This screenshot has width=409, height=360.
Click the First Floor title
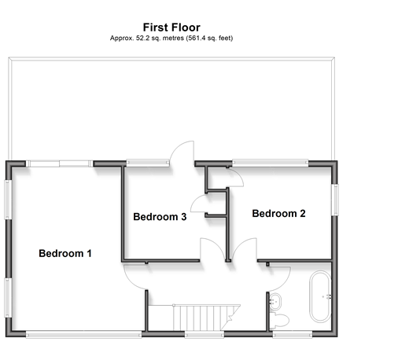point(171,28)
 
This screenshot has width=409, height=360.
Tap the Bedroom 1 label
point(65,253)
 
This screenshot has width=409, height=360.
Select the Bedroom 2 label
point(278,213)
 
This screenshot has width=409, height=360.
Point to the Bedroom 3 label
point(160,217)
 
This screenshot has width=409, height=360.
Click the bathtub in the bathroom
point(320,296)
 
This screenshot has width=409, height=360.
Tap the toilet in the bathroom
point(279,320)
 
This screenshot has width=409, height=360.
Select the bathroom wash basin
point(275,302)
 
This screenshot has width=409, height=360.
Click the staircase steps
point(199,318)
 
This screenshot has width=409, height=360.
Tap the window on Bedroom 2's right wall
point(335,200)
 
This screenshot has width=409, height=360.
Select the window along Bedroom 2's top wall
point(270,163)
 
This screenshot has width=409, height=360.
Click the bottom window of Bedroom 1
point(83,334)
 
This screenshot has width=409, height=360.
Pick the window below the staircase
point(204,334)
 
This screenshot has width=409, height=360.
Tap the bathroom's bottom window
point(293,334)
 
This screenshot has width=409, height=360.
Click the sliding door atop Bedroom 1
point(59,163)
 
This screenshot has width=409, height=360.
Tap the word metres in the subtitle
point(173,38)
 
